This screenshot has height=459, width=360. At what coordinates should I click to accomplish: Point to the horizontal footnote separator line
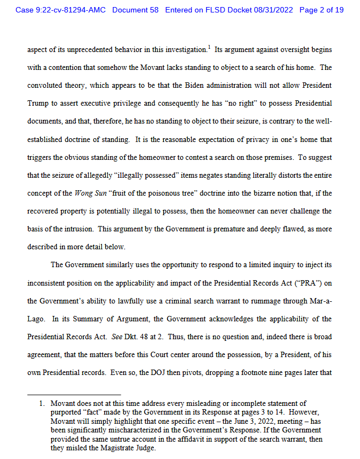tap(74, 395)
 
